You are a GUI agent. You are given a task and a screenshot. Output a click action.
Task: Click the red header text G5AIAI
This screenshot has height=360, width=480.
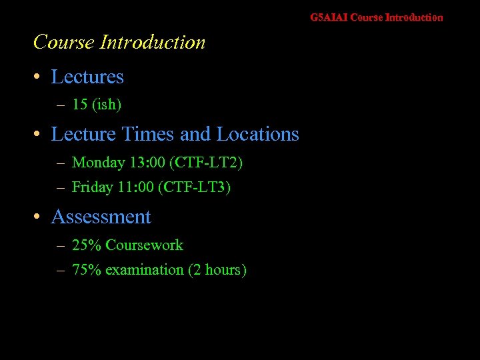pos(329,17)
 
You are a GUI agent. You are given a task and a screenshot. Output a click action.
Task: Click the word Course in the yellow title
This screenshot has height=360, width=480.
pos(63,43)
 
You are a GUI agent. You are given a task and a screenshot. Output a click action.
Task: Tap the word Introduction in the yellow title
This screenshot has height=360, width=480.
pos(152,43)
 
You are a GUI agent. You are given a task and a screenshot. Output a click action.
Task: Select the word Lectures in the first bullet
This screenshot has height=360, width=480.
pos(87,77)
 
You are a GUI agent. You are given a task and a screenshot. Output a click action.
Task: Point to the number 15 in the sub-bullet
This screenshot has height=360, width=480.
pos(79,105)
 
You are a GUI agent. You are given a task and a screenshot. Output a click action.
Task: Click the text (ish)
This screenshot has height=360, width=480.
pos(107,105)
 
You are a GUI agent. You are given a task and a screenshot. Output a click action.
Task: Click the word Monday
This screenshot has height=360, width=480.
pos(98,163)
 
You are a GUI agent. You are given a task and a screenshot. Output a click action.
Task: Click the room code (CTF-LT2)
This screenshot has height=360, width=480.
pos(206,163)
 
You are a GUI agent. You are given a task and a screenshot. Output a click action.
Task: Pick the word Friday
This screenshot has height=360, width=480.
pos(92,187)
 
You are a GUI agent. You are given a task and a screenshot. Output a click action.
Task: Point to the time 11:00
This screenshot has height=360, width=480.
pos(136,187)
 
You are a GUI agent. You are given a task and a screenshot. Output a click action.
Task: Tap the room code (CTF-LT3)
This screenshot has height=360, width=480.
pos(193,187)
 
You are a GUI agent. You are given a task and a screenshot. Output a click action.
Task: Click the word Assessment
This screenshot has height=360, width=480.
pos(101,217)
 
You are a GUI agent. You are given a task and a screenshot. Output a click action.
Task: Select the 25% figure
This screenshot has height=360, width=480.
pos(86,245)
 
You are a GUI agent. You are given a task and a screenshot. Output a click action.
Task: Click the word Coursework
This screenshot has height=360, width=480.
pos(144,245)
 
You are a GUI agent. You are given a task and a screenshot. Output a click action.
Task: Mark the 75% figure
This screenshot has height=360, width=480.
pos(86,270)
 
